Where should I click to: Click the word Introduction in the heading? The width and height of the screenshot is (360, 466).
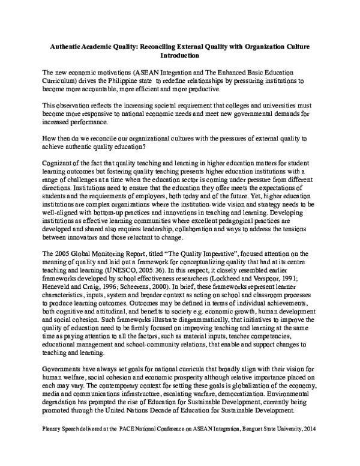[x=179, y=55]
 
